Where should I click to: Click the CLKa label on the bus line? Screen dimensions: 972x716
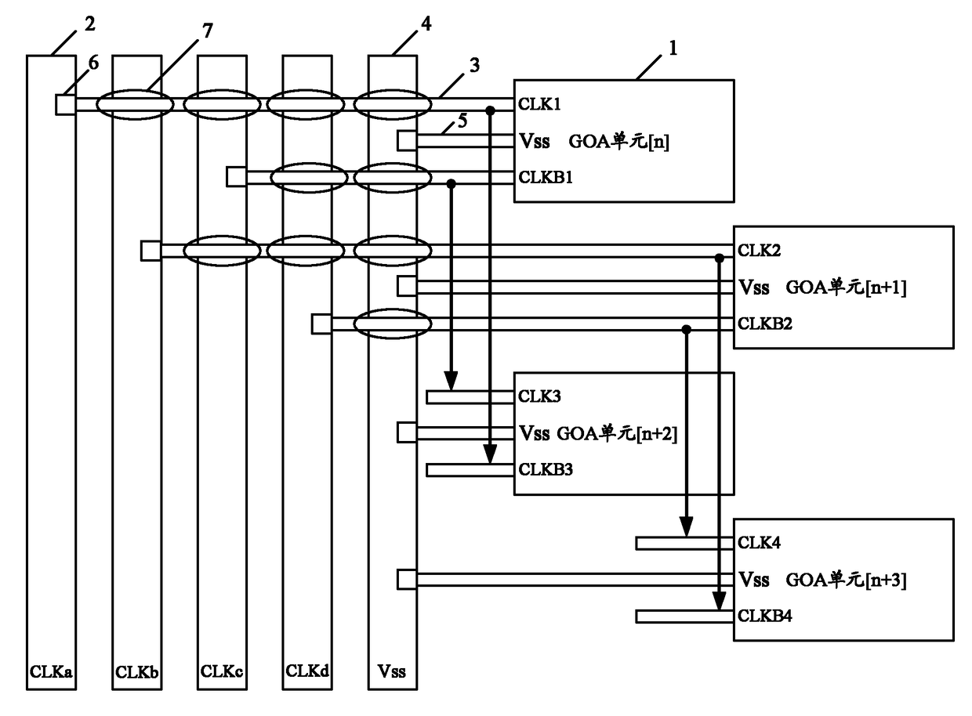pyautogui.click(x=51, y=672)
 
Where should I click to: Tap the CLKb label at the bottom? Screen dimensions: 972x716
pyautogui.click(x=136, y=672)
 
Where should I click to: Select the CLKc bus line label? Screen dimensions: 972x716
pyautogui.click(x=222, y=671)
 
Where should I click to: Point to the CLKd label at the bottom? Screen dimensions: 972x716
pyautogui.click(x=307, y=671)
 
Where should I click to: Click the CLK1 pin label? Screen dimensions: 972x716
pyautogui.click(x=539, y=104)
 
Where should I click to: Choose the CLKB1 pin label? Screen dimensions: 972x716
pyautogui.click(x=546, y=177)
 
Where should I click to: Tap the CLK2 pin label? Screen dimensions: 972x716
pyautogui.click(x=759, y=250)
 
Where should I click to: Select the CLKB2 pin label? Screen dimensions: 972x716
pyautogui.click(x=765, y=324)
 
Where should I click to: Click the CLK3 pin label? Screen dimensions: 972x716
pyautogui.click(x=539, y=396)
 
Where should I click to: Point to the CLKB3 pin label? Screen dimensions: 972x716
pyautogui.click(x=546, y=469)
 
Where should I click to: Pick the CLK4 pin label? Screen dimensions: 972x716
pyautogui.click(x=759, y=543)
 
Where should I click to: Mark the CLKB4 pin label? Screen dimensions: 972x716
pyautogui.click(x=765, y=616)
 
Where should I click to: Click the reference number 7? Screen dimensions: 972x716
pyautogui.click(x=208, y=31)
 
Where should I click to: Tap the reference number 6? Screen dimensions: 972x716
pyautogui.click(x=94, y=63)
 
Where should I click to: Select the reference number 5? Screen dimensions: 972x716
pyautogui.click(x=462, y=121)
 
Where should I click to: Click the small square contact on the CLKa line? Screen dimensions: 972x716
pyautogui.click(x=66, y=104)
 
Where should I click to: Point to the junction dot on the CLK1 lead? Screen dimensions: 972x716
pyautogui.click(x=491, y=111)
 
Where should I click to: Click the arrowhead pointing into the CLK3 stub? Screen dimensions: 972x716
pyautogui.click(x=452, y=382)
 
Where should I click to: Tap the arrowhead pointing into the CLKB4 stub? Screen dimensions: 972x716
pyautogui.click(x=719, y=601)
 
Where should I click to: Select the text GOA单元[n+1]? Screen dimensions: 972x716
pyautogui.click(x=846, y=287)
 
